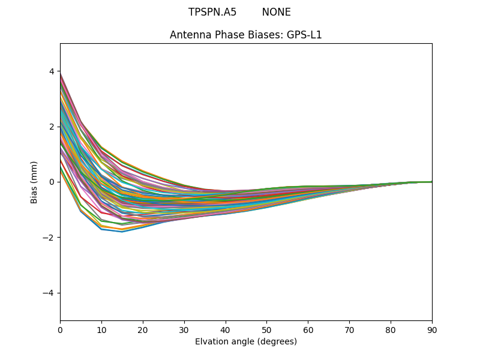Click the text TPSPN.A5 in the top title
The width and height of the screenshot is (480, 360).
(212, 12)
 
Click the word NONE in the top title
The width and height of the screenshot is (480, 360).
(276, 12)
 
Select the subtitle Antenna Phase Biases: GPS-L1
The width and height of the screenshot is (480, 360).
(246, 35)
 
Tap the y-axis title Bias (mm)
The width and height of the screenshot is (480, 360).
(34, 182)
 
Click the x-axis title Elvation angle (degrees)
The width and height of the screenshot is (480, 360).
(246, 341)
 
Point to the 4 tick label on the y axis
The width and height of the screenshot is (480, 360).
(51, 71)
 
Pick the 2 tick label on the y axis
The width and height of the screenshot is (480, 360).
(51, 127)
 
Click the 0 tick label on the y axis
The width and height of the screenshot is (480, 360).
(51, 182)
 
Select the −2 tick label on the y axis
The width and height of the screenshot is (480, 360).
(49, 238)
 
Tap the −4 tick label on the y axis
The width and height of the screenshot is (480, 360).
(49, 293)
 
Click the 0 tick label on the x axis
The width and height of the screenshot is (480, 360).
(60, 329)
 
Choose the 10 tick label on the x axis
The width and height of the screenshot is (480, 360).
(101, 329)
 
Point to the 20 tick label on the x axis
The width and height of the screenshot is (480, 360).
(143, 329)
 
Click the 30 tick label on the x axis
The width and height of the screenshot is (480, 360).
(184, 329)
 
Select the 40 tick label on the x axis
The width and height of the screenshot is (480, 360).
(226, 329)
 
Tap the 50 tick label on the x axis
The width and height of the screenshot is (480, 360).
(266, 329)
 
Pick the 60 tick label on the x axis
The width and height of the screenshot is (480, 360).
(308, 329)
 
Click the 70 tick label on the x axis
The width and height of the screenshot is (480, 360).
(349, 329)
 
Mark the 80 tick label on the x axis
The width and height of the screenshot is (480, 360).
(391, 329)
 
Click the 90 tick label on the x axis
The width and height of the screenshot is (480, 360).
(432, 329)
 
